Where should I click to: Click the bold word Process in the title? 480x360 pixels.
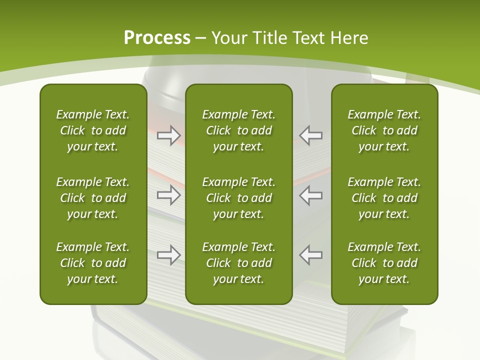(157, 38)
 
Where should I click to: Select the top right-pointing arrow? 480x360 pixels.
(168, 135)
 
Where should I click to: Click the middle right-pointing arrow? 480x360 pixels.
(168, 194)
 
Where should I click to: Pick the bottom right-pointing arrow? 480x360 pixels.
(168, 254)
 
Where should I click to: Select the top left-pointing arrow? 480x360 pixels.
(311, 135)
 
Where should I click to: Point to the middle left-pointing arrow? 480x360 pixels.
(311, 194)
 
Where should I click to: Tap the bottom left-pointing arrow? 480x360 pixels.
(311, 254)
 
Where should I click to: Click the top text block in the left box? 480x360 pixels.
(93, 130)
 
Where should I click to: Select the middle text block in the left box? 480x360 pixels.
(93, 198)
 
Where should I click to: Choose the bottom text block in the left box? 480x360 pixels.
(93, 263)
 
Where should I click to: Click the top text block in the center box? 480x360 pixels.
(239, 130)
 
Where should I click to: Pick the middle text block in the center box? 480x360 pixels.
(239, 198)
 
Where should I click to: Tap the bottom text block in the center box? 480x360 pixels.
(239, 263)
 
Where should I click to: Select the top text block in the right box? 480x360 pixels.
(384, 130)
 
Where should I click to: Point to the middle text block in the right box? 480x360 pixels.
(384, 198)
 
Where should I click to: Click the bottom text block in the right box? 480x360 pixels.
(384, 263)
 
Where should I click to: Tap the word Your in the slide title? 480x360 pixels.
(228, 38)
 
